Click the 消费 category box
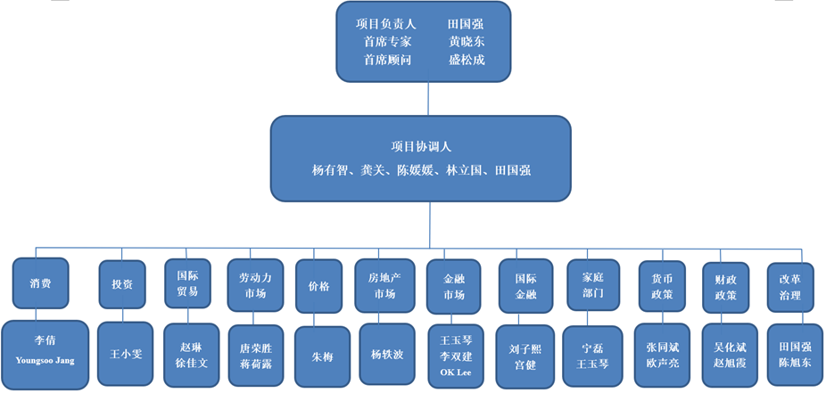click(x=40, y=283)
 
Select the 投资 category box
click(x=122, y=284)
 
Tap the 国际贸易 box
click(x=187, y=284)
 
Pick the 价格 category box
click(x=318, y=286)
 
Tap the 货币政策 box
click(x=662, y=286)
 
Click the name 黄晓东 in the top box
click(x=467, y=42)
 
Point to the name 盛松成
click(x=467, y=60)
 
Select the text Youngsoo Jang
click(x=45, y=361)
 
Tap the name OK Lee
click(x=455, y=372)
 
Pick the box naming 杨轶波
click(x=386, y=354)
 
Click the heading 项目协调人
click(x=421, y=147)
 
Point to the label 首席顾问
click(x=387, y=60)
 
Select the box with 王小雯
click(x=126, y=354)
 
